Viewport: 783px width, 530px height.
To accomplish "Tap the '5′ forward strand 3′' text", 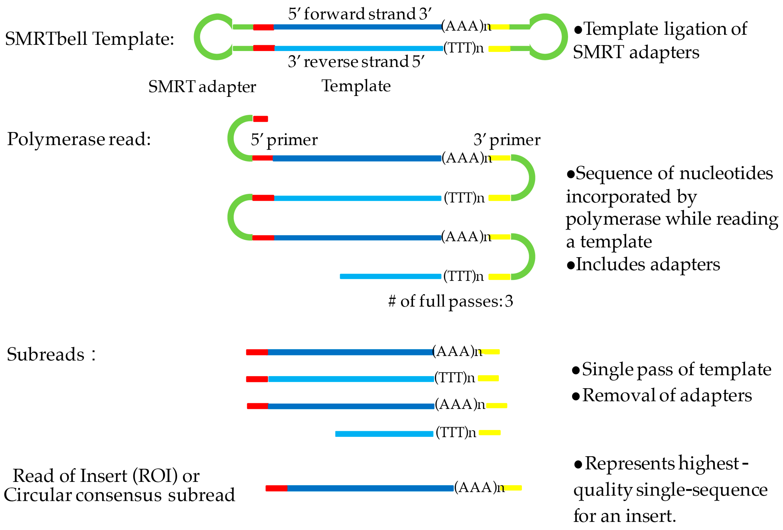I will click(x=360, y=14).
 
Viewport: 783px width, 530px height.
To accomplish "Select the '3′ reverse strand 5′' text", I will click(x=356, y=62).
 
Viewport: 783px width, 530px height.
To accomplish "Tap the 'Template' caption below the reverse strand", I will click(x=356, y=86).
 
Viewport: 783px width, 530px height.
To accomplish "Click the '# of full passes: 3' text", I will click(x=451, y=301).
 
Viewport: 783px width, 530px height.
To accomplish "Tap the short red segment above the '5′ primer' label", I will click(x=260, y=119).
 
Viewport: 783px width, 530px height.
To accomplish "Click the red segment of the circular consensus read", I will click(x=276, y=488).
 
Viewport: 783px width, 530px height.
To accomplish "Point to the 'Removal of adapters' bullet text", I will click(x=667, y=395).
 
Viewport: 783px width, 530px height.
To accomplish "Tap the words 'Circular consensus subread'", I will click(x=119, y=495).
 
